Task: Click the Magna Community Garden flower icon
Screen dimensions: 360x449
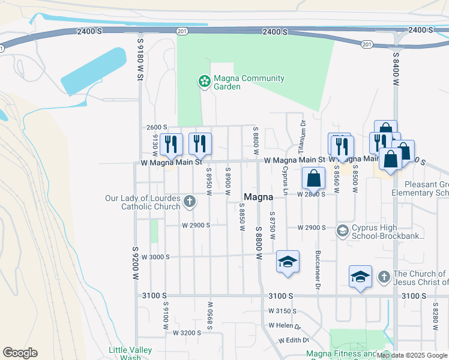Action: click(204, 80)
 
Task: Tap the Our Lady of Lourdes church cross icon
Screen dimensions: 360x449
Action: click(190, 201)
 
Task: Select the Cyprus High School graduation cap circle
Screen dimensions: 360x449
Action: click(343, 231)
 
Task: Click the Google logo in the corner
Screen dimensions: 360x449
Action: click(20, 353)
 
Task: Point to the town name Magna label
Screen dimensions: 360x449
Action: click(259, 197)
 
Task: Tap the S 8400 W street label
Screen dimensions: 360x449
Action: click(396, 71)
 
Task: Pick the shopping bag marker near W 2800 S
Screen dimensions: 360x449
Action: click(313, 178)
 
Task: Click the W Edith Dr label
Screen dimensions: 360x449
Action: click(289, 340)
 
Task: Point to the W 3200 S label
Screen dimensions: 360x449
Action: click(187, 332)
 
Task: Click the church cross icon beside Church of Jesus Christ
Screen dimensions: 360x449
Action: click(384, 277)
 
